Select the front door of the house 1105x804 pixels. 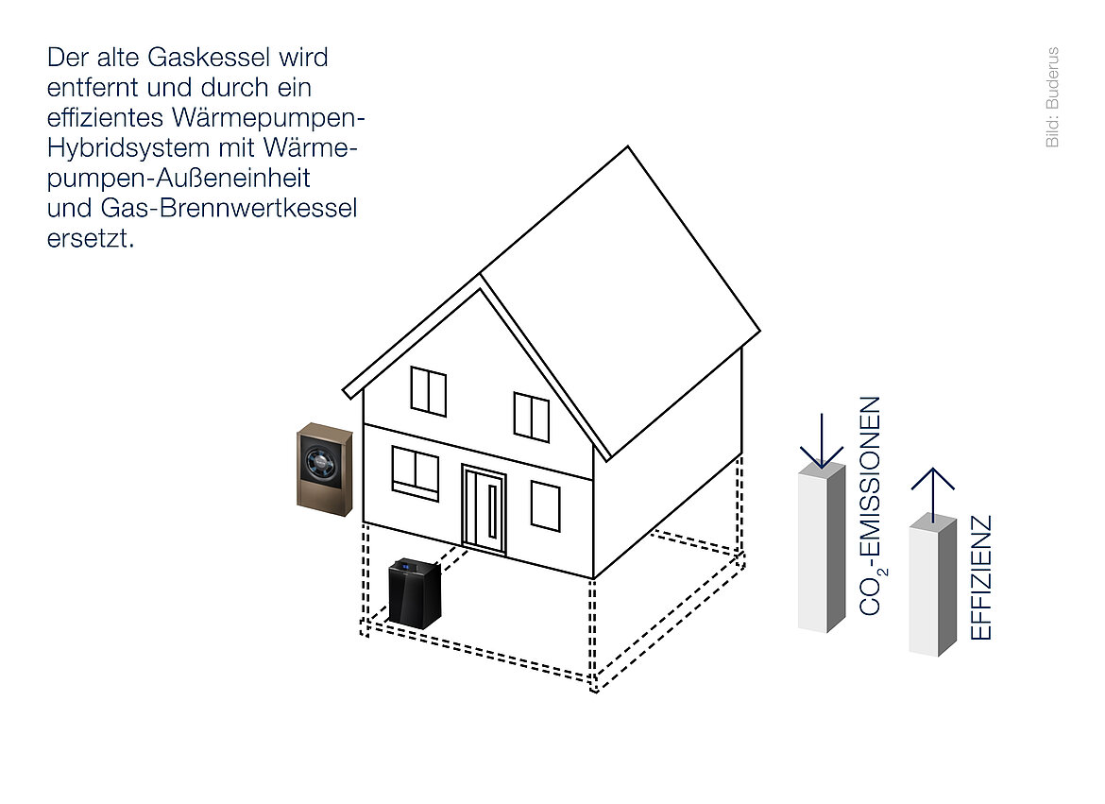point(484,509)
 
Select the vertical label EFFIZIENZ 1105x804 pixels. point(981,577)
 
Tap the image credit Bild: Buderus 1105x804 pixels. point(1052,97)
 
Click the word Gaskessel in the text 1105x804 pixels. point(195,58)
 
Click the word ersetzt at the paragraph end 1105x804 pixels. point(89,238)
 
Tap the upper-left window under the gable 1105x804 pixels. point(429,391)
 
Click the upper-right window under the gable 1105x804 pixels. point(531,416)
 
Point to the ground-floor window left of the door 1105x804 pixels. point(416,472)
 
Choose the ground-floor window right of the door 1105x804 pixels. point(545,505)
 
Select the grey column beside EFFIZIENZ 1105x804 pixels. point(932,586)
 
